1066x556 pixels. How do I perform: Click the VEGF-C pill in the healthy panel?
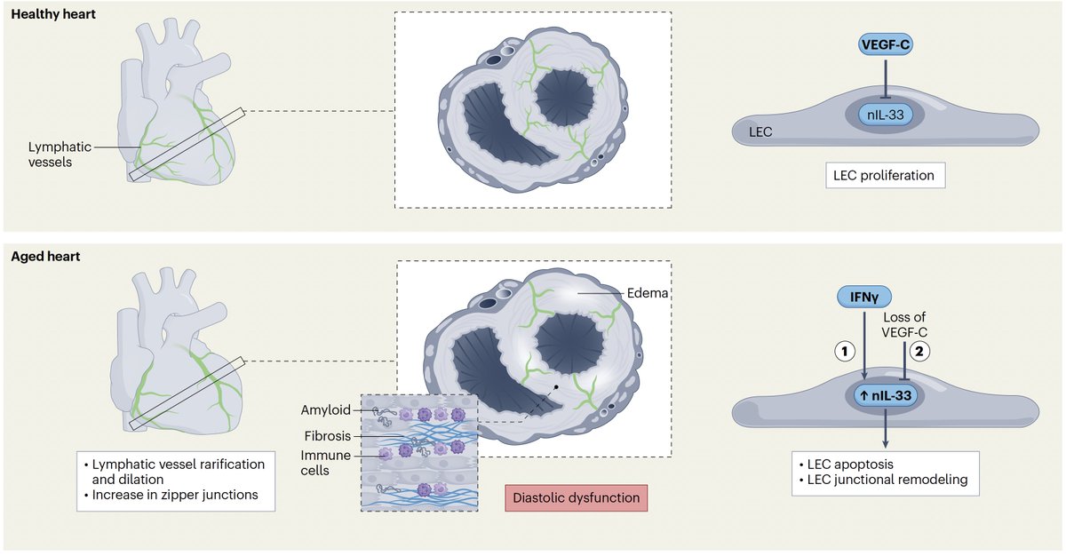point(886,45)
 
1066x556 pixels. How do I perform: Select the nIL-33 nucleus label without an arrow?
point(885,115)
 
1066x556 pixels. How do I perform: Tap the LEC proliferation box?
point(885,176)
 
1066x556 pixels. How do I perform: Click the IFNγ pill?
point(864,298)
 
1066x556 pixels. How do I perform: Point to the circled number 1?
point(845,352)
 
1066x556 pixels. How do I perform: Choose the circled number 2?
point(919,352)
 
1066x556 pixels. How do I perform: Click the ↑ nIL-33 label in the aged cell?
point(886,395)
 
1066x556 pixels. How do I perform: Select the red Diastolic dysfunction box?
point(577,498)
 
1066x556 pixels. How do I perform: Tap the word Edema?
point(648,293)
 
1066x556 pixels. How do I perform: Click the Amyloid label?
point(325,410)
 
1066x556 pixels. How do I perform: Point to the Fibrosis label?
point(328,436)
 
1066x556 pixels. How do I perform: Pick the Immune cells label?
point(325,463)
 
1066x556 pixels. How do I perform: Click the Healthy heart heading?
point(53,14)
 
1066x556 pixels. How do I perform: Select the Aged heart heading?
point(45,257)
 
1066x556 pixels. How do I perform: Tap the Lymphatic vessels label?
point(60,155)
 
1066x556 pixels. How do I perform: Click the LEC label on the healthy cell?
point(760,132)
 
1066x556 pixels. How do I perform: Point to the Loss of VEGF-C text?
point(904,325)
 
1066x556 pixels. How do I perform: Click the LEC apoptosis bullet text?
point(847,465)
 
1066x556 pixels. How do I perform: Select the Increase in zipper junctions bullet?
point(171,495)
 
